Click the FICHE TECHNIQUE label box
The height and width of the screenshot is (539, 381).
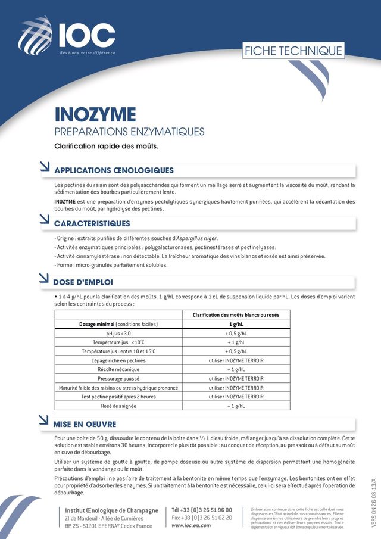pyautogui.click(x=293, y=51)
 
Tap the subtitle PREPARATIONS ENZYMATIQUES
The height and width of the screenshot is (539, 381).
pyautogui.click(x=129, y=132)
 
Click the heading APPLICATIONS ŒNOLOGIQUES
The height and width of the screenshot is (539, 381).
pyautogui.click(x=114, y=170)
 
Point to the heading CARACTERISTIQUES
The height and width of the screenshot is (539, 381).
pyautogui.click(x=92, y=223)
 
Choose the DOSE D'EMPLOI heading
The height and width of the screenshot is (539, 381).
pyautogui.click(x=83, y=282)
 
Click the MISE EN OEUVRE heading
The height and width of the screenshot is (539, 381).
pyautogui.click(x=85, y=424)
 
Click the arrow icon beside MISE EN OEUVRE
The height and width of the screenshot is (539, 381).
pyautogui.click(x=43, y=421)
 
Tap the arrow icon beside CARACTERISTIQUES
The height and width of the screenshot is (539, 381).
pyautogui.click(x=43, y=220)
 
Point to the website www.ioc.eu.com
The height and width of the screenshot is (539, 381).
pyautogui.click(x=191, y=525)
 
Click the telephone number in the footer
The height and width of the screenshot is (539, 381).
pyautogui.click(x=202, y=510)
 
